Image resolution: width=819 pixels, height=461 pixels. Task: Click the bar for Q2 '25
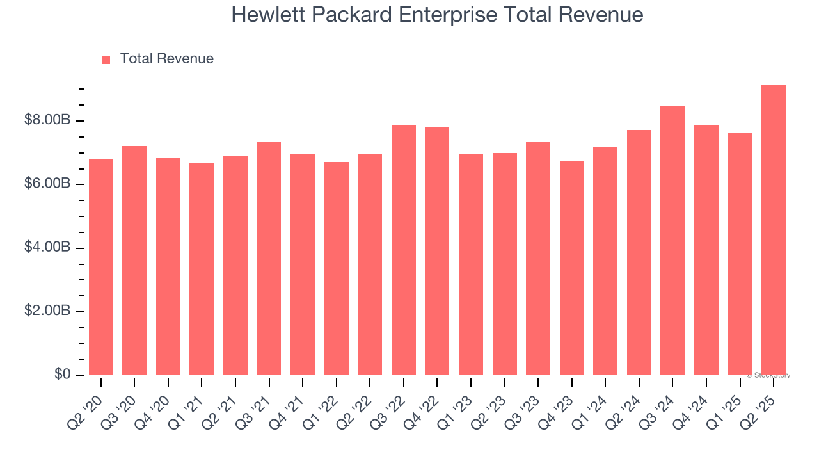pyautogui.click(x=774, y=230)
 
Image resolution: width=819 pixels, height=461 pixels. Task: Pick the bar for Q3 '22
pyautogui.click(x=403, y=250)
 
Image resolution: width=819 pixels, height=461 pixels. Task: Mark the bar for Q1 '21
pyautogui.click(x=202, y=269)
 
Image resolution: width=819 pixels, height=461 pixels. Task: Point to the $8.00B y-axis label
pyautogui.click(x=47, y=120)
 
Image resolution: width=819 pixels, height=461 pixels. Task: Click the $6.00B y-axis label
pyautogui.click(x=47, y=183)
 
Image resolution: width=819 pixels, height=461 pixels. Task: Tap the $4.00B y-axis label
pyautogui.click(x=47, y=247)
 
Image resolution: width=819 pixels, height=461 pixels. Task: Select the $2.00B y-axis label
pyautogui.click(x=47, y=311)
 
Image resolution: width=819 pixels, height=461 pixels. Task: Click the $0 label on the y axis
pyautogui.click(x=63, y=374)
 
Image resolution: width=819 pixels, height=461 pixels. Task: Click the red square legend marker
pyautogui.click(x=106, y=60)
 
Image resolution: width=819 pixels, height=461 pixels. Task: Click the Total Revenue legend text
pyautogui.click(x=166, y=59)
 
